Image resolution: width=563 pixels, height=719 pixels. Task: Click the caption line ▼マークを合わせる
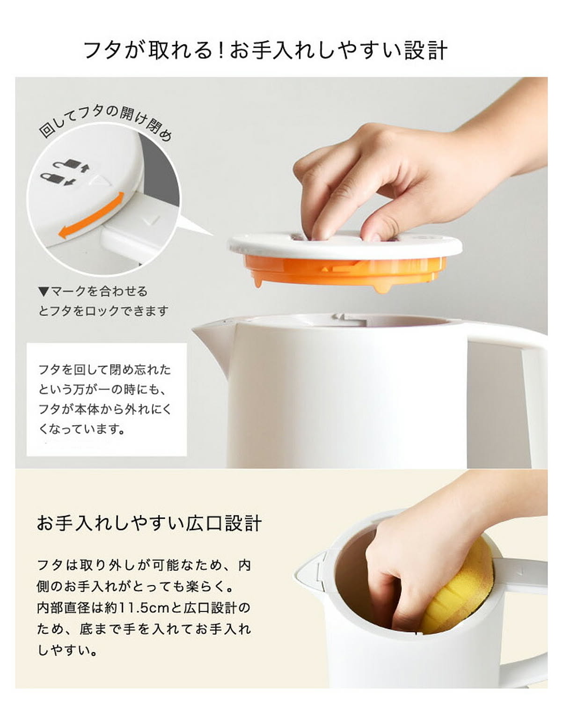[93, 292]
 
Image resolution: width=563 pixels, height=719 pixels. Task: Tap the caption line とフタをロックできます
[103, 311]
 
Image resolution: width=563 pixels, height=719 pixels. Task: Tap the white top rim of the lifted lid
[344, 248]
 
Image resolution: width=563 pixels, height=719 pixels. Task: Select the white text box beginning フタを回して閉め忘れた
[106, 399]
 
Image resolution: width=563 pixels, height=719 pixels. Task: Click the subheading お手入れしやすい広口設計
[149, 523]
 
